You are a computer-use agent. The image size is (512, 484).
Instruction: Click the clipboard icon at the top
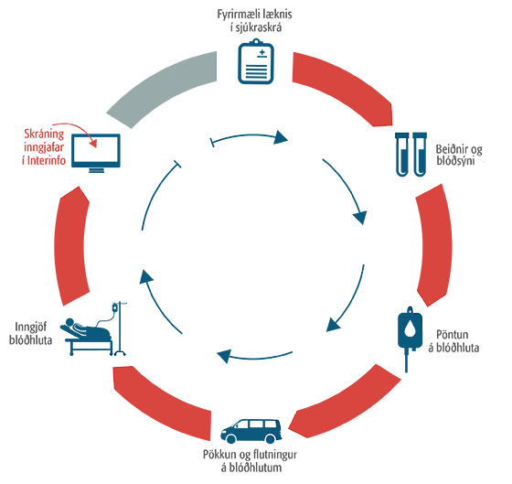coord(256,61)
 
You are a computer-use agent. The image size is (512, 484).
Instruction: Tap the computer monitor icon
coord(96,153)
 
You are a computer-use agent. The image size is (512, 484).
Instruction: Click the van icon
coord(251,431)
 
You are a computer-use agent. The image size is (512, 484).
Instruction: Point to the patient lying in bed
coord(87,330)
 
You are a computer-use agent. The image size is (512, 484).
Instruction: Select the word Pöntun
coord(453,335)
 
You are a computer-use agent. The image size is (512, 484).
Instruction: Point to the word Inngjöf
coord(31,327)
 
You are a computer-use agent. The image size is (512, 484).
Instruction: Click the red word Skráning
coord(44,134)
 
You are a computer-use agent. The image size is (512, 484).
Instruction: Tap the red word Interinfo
coord(47,160)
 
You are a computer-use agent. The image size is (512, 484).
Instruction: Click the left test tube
coord(402,155)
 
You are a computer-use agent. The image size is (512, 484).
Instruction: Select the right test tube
coord(420,155)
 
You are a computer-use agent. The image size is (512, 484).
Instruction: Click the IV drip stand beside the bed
coord(119,328)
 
